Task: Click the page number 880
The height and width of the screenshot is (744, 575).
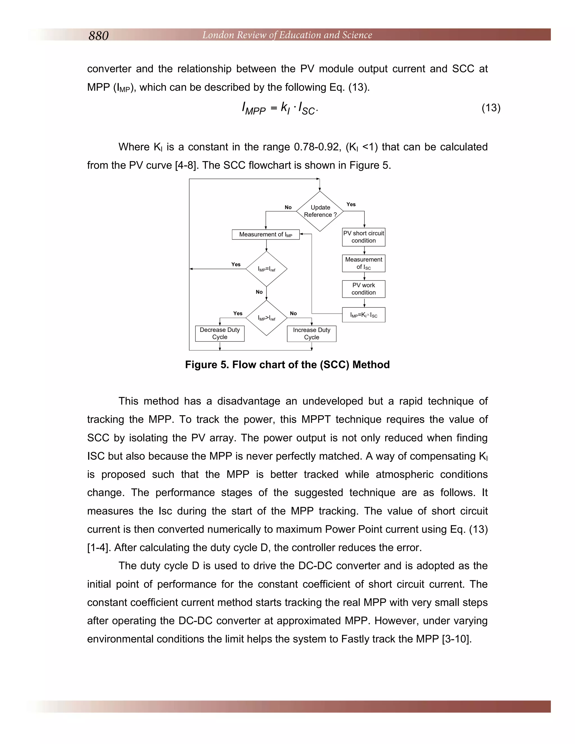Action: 99,35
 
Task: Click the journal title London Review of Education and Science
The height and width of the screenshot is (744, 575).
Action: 287,35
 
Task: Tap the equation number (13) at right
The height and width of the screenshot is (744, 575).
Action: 490,108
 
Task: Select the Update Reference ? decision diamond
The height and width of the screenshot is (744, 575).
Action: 320,211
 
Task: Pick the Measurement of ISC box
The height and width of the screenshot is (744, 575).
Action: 364,263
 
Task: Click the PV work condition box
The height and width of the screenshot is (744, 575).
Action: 364,289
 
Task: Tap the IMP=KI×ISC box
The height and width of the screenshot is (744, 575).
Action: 364,315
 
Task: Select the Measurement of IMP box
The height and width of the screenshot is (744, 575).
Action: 266,234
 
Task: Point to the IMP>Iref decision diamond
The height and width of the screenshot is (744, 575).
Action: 266,318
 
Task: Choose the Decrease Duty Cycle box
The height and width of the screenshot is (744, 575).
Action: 220,334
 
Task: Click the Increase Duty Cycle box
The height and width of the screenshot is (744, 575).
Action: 311,334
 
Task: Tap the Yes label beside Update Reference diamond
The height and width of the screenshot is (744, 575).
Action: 351,204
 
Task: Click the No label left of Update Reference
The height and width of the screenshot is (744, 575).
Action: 288,207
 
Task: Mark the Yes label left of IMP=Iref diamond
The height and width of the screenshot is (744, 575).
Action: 236,264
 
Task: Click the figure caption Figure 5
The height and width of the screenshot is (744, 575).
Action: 287,365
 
